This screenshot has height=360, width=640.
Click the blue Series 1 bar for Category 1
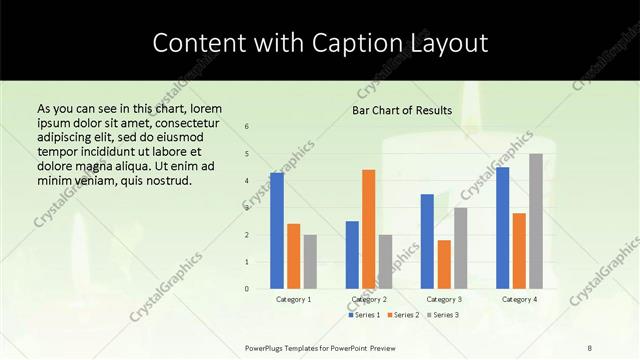click(x=277, y=231)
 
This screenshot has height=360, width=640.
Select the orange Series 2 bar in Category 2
click(x=369, y=229)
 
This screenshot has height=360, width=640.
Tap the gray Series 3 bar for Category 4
click(x=536, y=221)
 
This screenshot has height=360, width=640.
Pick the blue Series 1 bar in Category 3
click(x=427, y=241)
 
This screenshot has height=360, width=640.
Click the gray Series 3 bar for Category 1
click(x=311, y=262)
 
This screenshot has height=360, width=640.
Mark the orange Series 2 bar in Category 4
click(x=519, y=251)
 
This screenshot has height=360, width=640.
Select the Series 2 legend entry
click(x=403, y=315)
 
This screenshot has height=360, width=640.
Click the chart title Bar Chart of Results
click(x=403, y=110)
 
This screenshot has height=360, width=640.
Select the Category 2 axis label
click(x=369, y=299)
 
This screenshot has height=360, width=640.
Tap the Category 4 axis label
click(x=519, y=299)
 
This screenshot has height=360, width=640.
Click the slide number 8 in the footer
click(x=590, y=347)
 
